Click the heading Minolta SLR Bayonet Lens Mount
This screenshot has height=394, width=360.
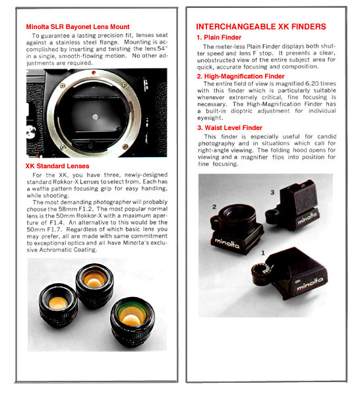pyautogui.click(x=78, y=26)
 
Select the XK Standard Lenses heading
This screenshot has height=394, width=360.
pyautogui.click(x=57, y=166)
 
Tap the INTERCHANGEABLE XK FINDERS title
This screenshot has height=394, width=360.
pyautogui.click(x=261, y=26)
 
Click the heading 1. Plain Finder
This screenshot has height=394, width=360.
pyautogui.click(x=219, y=38)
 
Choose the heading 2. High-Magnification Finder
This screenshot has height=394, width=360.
pyautogui.click(x=241, y=76)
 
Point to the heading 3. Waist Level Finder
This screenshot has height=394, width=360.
pyautogui.click(x=229, y=127)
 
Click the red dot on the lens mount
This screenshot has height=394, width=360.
pyautogui.click(x=94, y=73)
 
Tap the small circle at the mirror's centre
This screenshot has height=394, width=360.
pyautogui.click(x=95, y=117)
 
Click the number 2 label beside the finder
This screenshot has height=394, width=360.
pyautogui.click(x=214, y=207)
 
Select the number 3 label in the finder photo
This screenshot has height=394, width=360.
pyautogui.click(x=272, y=193)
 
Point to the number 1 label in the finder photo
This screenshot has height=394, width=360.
pyautogui.click(x=263, y=253)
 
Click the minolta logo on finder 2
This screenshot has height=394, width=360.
pyautogui.click(x=227, y=243)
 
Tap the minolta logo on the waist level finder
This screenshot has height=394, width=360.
pyautogui.click(x=307, y=218)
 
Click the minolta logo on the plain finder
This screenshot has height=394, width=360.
pyautogui.click(x=310, y=283)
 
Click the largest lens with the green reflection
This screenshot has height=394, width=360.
pyautogui.click(x=133, y=321)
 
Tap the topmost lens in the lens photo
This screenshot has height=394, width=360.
pyautogui.click(x=95, y=285)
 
